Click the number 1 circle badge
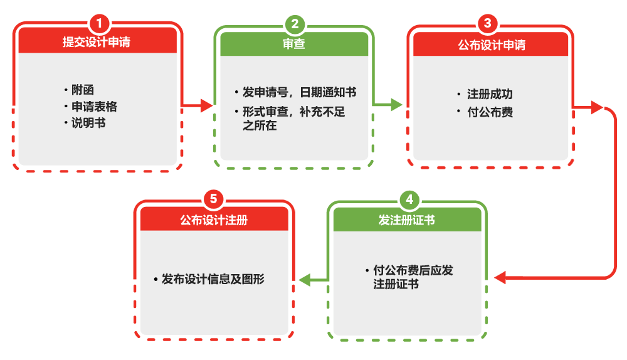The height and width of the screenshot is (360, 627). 98,24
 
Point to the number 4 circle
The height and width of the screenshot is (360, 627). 409,200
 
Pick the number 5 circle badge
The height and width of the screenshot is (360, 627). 213,199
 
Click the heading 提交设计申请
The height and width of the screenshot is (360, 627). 97,43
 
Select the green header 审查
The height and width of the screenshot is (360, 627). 293,44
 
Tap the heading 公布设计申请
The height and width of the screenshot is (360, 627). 491,45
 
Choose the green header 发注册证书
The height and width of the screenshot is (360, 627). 407,220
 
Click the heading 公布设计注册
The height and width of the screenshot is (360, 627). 214,220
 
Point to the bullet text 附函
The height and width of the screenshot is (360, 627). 83,90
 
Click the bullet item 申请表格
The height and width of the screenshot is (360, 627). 94,107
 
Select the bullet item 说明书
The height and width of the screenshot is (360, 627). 88,123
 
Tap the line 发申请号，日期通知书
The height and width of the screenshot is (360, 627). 299,92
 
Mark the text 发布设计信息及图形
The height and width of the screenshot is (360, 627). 213,279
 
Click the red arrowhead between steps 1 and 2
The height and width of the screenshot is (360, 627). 206,105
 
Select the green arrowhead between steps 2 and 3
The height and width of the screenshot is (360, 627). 396,105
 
